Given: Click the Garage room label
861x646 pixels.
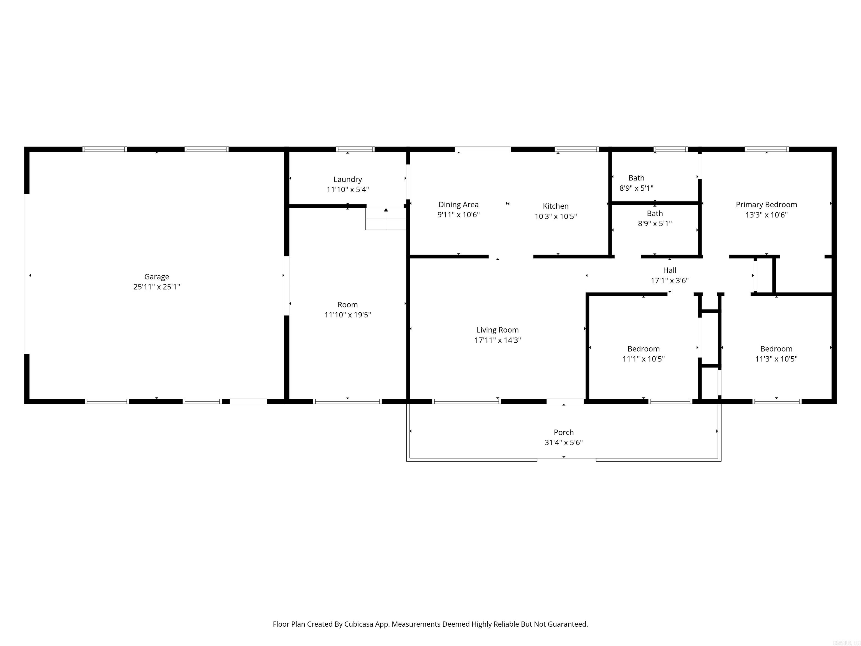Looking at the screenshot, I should coord(156,276).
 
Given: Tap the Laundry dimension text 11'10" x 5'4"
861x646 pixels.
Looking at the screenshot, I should coord(348,190).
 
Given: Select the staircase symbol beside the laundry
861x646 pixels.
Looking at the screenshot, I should coord(386,219).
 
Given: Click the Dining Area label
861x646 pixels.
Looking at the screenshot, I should coord(458,204).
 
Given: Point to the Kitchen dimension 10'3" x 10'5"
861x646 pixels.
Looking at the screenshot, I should coord(556,216).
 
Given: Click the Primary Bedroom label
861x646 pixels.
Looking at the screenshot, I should coord(766,204).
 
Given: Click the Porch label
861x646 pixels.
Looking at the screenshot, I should coord(564,432).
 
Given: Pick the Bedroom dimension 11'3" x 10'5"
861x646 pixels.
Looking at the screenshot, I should coord(776,359).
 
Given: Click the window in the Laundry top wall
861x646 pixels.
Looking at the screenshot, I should coord(355,149).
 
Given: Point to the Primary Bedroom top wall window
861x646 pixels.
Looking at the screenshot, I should coord(767,149).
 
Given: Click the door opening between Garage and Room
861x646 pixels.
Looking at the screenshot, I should coord(286,285).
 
